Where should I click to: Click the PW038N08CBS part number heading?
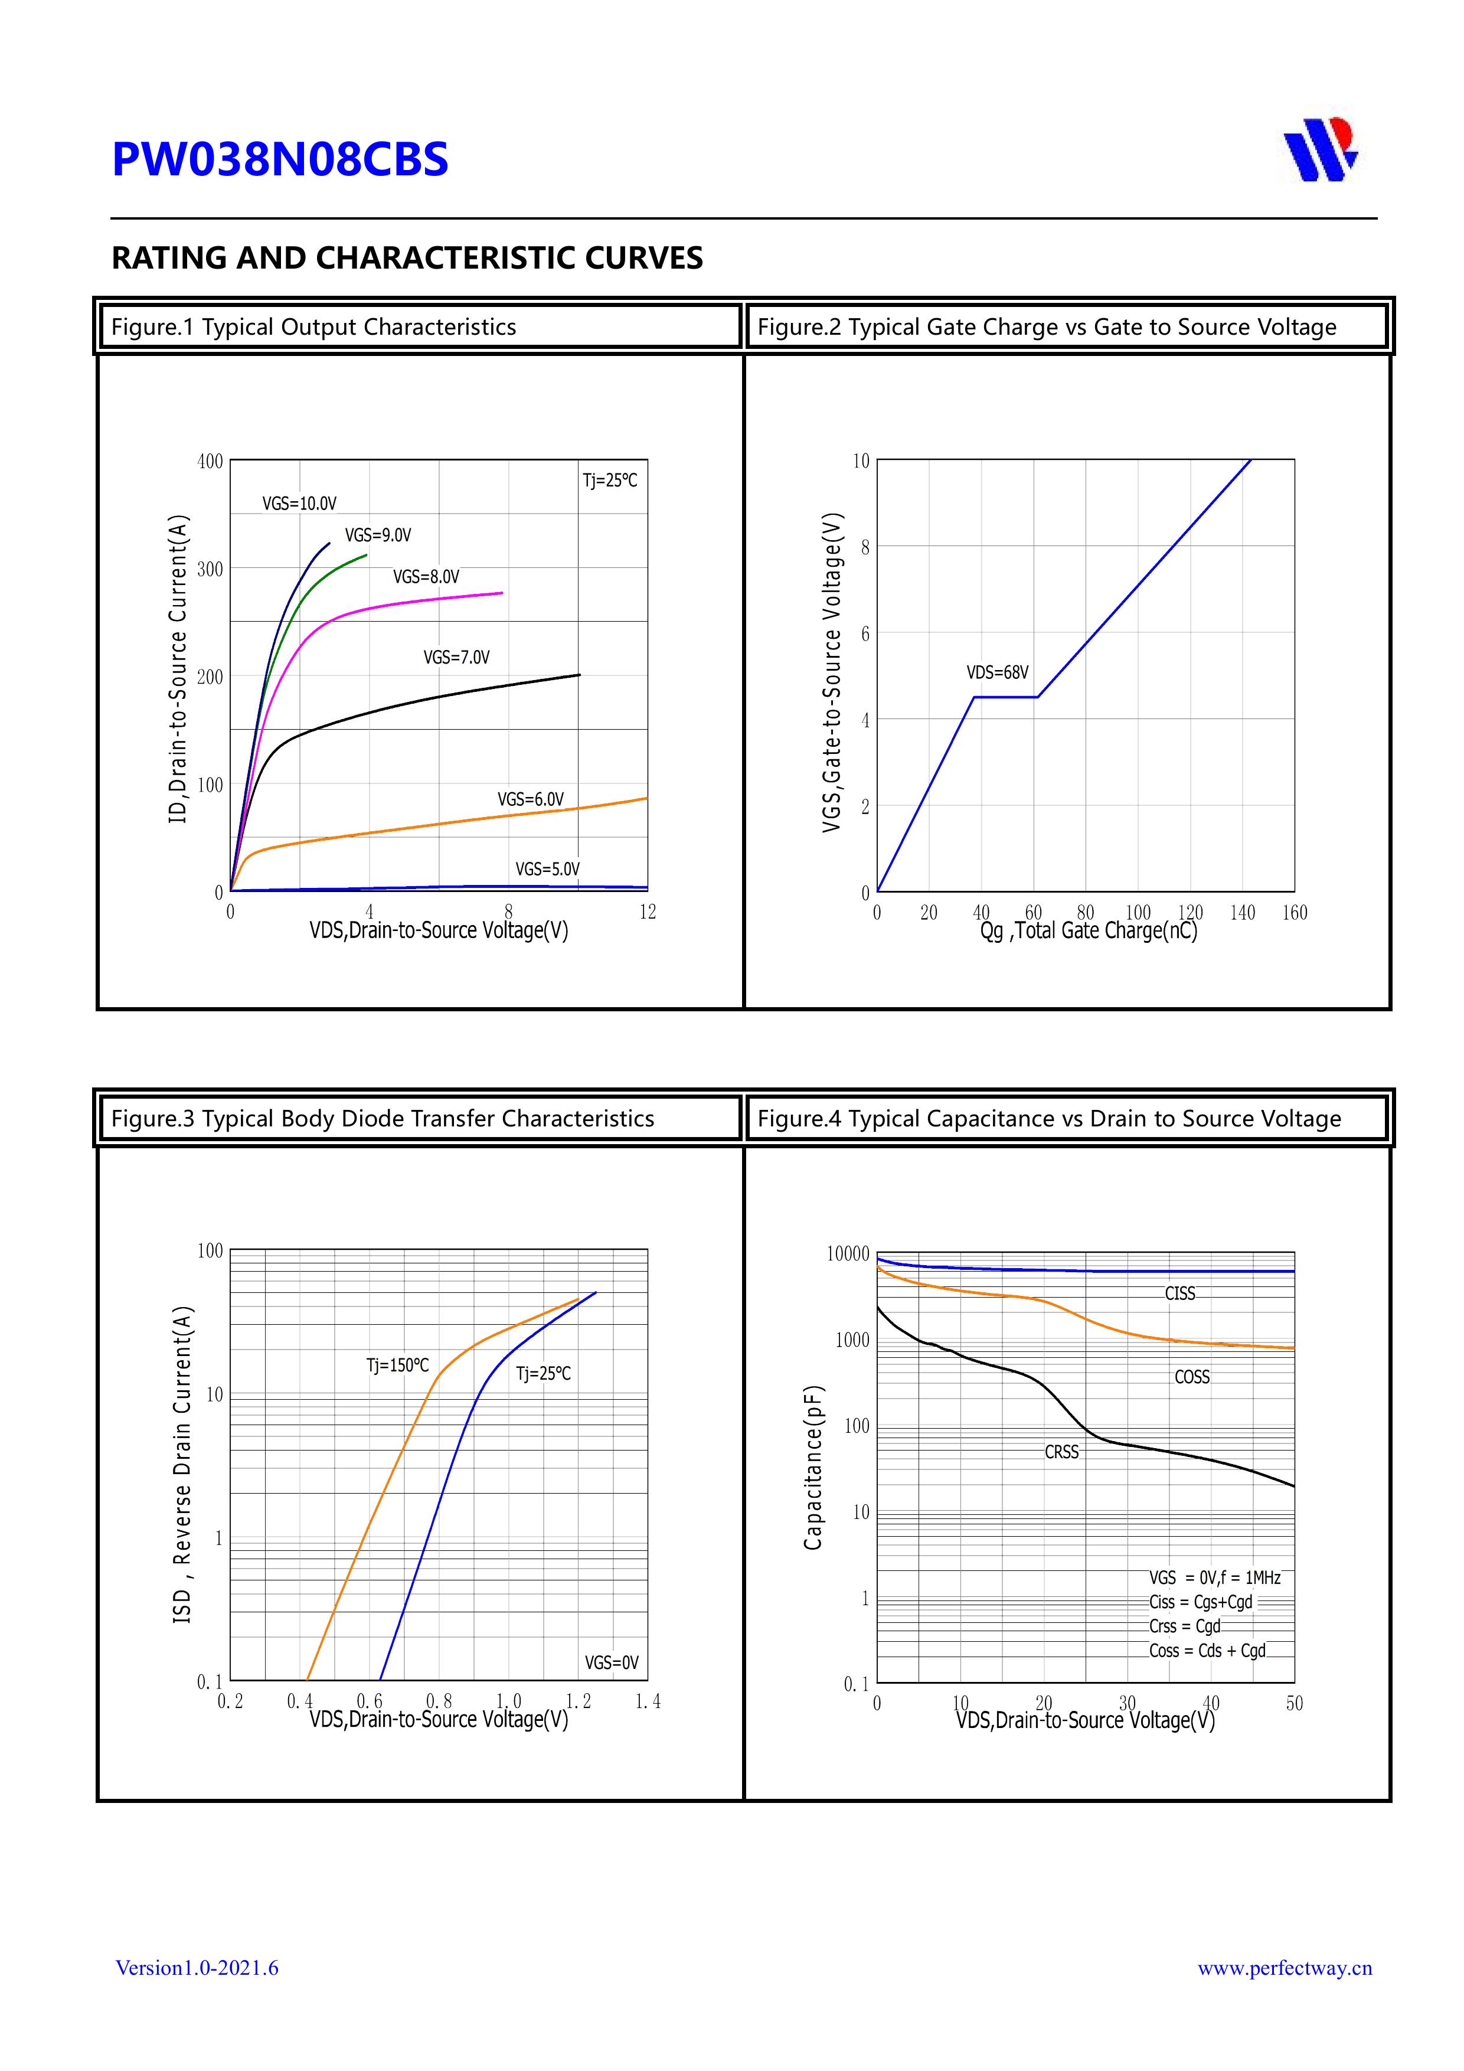click(280, 159)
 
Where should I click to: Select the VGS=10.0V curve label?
click(299, 504)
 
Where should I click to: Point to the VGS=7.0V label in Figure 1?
click(456, 658)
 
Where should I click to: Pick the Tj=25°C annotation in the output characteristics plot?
click(610, 481)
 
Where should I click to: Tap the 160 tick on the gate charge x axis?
click(1295, 913)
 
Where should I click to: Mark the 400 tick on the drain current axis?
click(210, 462)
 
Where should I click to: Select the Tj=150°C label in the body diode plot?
click(398, 1366)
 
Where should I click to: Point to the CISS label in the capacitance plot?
click(1180, 1293)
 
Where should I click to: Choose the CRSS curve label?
click(1061, 1452)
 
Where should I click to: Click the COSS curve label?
click(1192, 1377)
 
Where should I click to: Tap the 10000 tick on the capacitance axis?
click(848, 1254)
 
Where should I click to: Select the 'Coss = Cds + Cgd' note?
click(1207, 1651)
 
